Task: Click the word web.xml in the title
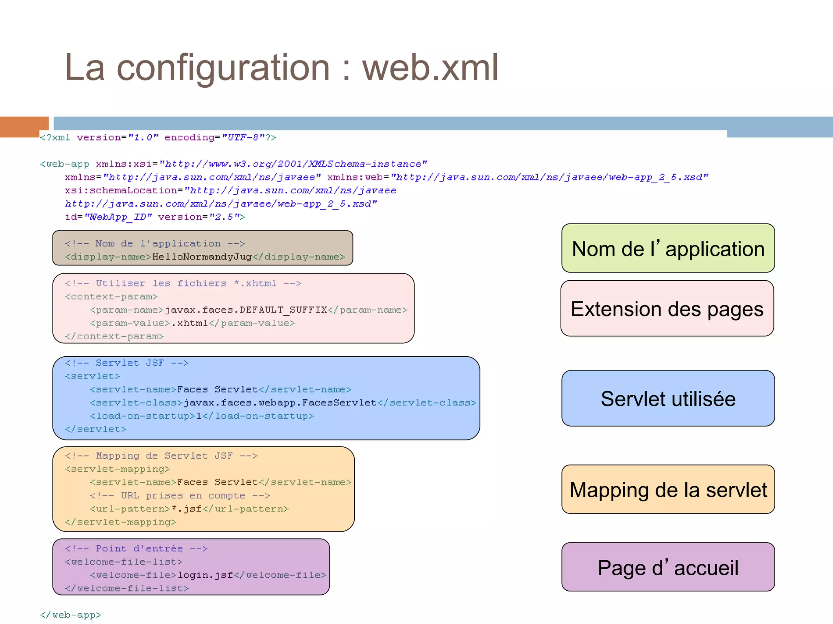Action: (430, 68)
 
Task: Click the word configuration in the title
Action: (223, 68)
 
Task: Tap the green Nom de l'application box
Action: (668, 248)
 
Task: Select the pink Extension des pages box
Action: (667, 309)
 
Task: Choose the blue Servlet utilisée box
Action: (668, 399)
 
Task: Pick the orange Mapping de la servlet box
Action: (668, 490)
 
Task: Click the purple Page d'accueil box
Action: (668, 567)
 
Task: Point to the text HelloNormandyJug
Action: (202, 257)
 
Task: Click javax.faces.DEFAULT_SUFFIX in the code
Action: (246, 310)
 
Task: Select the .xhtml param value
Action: (190, 323)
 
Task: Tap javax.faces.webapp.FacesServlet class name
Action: (280, 403)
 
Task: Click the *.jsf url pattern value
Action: (187, 509)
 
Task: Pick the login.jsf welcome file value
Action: (205, 575)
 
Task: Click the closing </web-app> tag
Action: (70, 615)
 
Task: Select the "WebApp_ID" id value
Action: (118, 217)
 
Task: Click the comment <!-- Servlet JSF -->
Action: (126, 363)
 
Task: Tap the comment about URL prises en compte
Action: (180, 496)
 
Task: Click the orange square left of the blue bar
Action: (24, 127)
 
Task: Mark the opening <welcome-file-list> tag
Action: (124, 562)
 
